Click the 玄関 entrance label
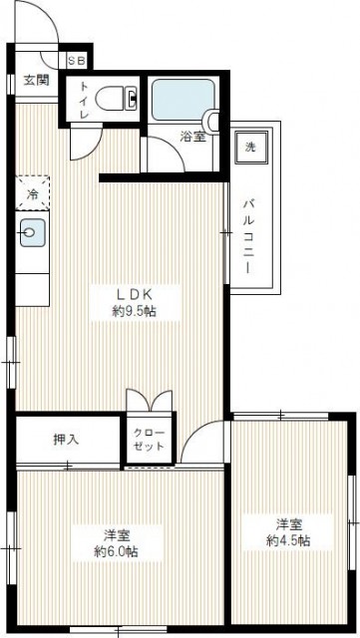[36, 81]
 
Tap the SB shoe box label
[77, 60]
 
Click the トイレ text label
[84, 102]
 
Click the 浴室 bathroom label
[193, 138]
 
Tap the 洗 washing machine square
[251, 146]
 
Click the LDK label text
[133, 294]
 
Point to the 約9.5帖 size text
[133, 312]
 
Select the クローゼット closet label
[150, 440]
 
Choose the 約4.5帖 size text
[288, 541]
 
